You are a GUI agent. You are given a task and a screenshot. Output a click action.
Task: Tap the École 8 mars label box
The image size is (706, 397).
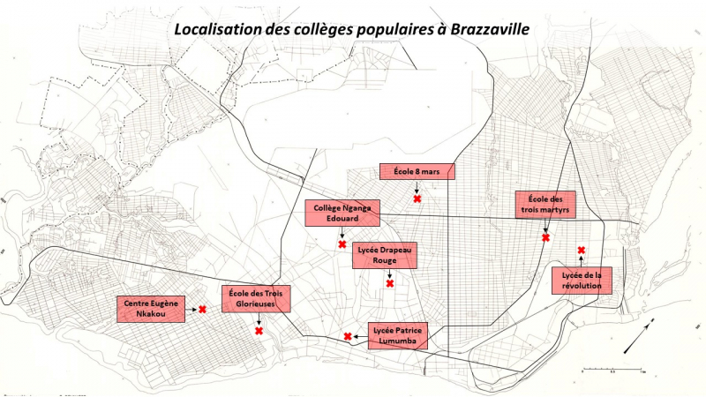(417, 171)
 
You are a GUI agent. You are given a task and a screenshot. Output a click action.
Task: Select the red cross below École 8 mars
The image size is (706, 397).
(417, 199)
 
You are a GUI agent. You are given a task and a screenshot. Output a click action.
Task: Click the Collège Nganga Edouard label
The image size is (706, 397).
(342, 213)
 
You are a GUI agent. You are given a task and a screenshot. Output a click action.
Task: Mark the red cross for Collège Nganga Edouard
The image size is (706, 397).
(342, 243)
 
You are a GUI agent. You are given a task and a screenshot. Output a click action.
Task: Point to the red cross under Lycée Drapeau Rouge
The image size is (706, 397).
(389, 283)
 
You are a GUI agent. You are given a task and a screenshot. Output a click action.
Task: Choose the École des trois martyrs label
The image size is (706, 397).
(546, 204)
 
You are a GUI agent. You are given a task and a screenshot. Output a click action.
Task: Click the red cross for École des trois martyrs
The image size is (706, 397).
(545, 237)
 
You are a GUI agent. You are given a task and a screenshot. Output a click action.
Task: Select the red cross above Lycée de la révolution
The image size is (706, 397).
(581, 251)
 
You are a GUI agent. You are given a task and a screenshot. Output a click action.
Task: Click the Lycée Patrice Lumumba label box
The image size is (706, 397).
(397, 335)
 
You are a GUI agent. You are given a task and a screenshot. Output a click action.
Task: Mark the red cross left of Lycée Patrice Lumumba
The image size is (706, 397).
(348, 336)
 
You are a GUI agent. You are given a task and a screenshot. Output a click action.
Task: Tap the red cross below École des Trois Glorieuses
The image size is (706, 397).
(259, 331)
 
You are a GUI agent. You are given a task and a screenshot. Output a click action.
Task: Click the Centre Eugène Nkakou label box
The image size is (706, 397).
(151, 309)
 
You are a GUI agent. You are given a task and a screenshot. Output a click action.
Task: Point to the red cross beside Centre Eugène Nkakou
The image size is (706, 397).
(202, 309)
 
